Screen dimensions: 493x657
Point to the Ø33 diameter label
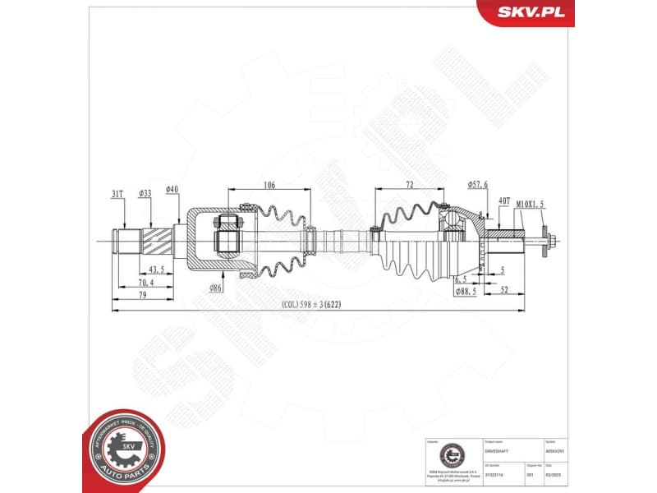click(145, 193)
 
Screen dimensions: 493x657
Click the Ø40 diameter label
click(172, 190)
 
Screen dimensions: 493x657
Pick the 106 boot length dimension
click(270, 186)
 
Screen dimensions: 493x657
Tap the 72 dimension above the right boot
click(408, 186)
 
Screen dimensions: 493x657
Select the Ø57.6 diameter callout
click(478, 186)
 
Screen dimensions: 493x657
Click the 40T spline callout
click(504, 200)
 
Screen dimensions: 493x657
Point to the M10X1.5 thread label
click(531, 200)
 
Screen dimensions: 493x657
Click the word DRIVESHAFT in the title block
click(498, 452)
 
